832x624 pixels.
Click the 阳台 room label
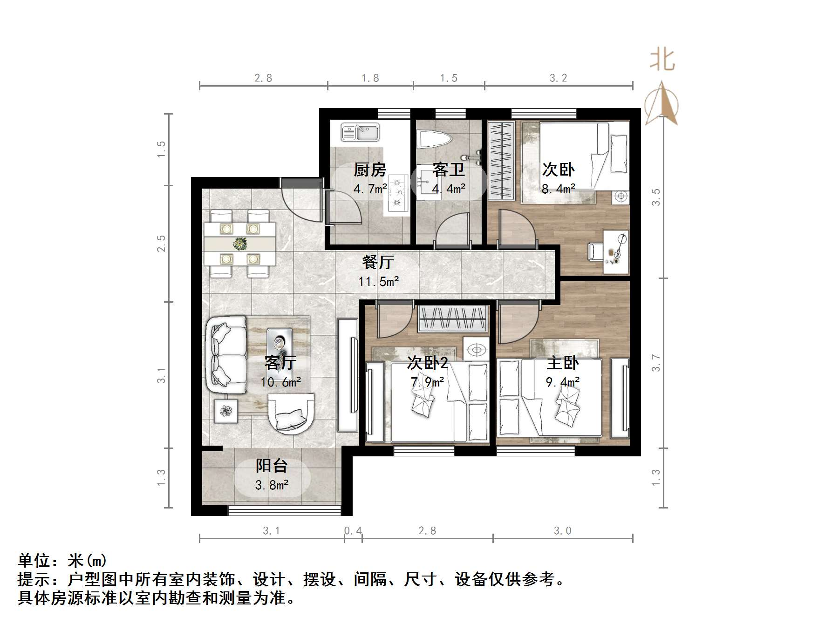tap(272, 466)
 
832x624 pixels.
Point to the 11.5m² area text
tap(378, 282)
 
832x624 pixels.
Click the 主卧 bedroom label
tap(562, 363)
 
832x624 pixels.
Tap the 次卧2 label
tap(427, 363)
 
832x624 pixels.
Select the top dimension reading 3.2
tap(558, 78)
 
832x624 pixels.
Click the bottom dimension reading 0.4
tap(353, 531)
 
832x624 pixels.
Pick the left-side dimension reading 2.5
tap(161, 244)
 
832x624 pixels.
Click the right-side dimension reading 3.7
tap(656, 363)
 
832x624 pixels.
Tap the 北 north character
tap(662, 61)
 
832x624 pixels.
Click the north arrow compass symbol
tap(662, 105)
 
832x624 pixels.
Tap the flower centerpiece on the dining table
tap(240, 243)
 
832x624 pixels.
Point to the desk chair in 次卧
tap(596, 251)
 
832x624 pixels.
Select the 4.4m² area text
tap(449, 189)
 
